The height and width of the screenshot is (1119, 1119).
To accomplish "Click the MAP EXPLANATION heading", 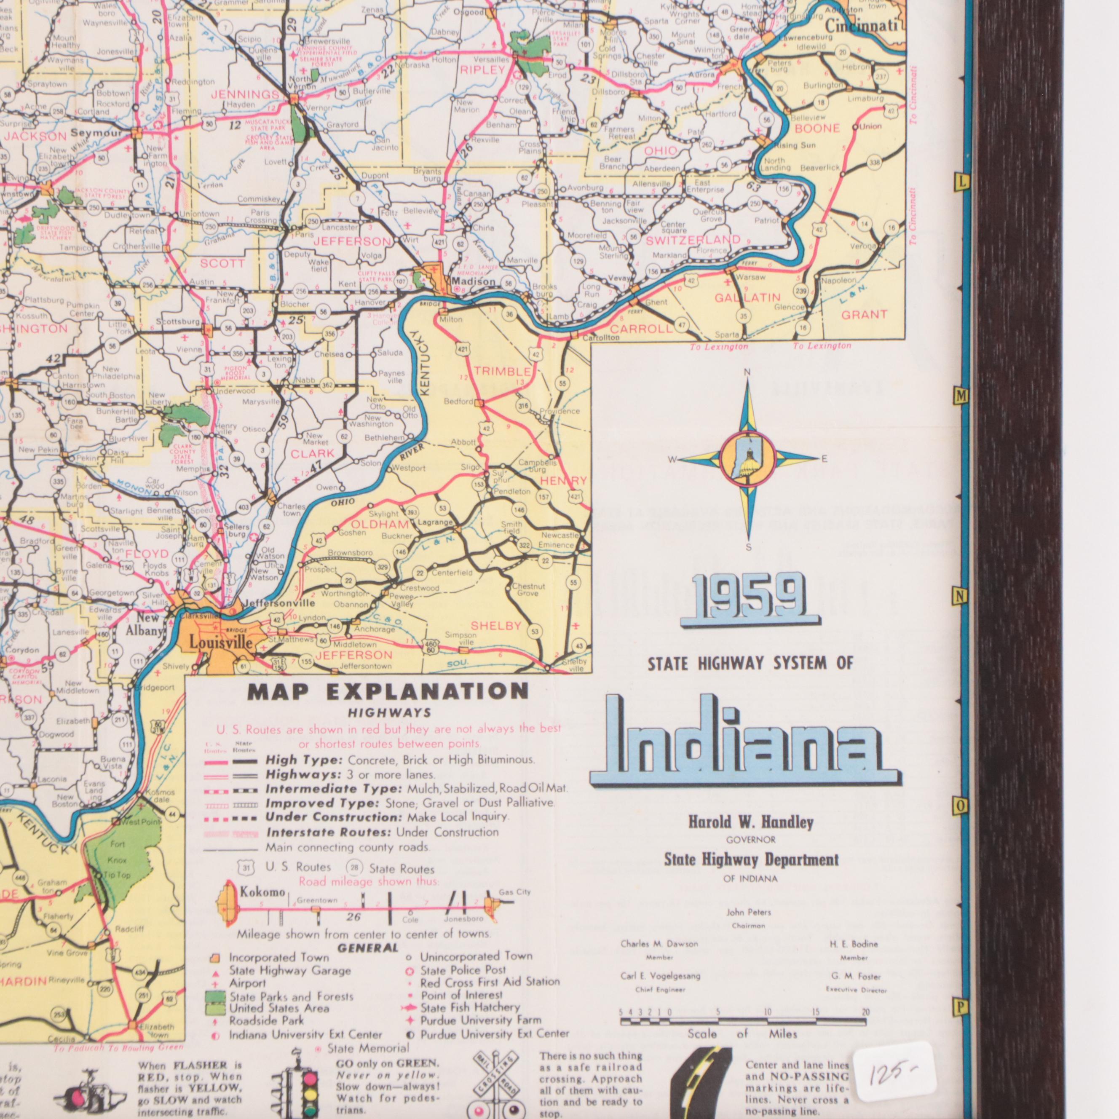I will [388, 691].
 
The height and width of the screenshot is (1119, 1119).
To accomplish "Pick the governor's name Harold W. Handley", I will [751, 822].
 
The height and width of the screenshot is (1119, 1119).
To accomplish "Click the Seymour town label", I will [96, 133].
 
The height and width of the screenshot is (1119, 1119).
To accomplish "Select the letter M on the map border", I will [961, 395].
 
